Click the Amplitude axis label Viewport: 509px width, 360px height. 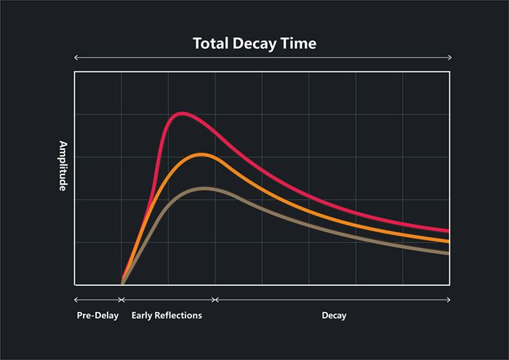(63, 166)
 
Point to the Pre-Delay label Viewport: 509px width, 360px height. (97, 316)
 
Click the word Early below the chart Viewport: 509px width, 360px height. (143, 316)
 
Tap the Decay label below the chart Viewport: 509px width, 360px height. (334, 316)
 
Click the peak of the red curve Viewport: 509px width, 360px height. (181, 113)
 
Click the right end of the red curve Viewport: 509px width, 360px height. (448, 231)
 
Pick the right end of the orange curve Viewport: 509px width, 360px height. (448, 241)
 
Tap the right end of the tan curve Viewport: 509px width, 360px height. (448, 253)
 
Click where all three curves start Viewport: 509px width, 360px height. (121, 284)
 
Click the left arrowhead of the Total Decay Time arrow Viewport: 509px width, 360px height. (76, 57)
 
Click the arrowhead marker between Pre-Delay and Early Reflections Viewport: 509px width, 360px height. (121, 299)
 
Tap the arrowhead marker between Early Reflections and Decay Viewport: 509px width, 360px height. (215, 299)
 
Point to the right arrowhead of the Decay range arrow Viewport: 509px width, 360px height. (449, 299)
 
